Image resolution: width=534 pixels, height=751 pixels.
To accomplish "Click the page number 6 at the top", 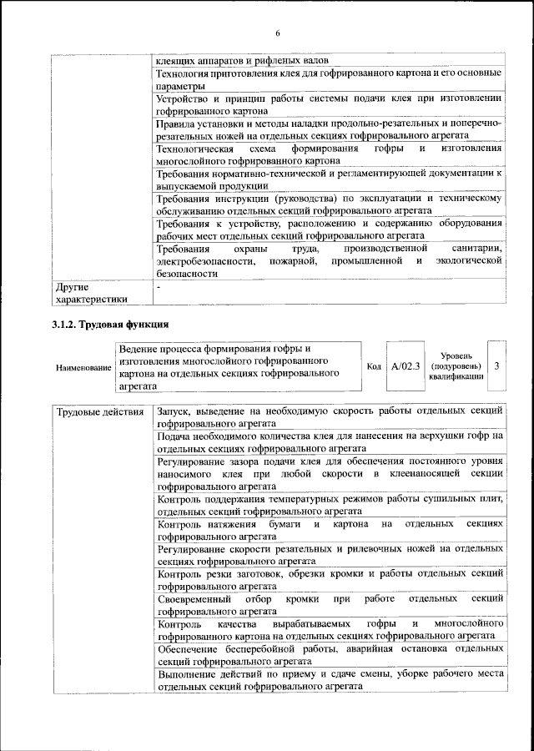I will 278,33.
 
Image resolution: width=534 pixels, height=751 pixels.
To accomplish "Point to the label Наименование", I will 83,368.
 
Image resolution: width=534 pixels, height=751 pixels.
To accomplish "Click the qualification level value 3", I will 497,366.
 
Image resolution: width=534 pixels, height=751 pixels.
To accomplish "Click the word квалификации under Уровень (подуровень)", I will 456,377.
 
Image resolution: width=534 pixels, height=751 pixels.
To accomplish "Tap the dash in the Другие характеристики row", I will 159,287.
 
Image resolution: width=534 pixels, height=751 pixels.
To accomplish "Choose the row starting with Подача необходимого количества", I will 329,441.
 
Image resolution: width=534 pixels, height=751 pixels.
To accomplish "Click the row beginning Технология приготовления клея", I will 329,80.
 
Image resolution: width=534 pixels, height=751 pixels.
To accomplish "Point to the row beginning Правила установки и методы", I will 329,129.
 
